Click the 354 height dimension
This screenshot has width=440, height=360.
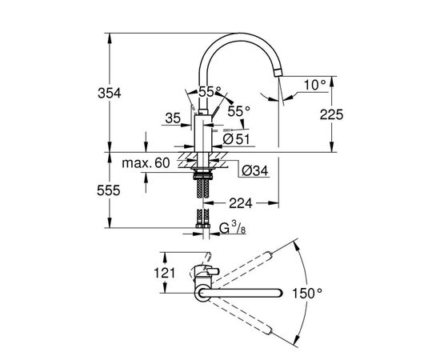[x=110, y=93]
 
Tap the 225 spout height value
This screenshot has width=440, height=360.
[x=331, y=114]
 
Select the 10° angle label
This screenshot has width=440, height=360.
[x=315, y=85]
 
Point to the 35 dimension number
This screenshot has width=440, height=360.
[x=173, y=118]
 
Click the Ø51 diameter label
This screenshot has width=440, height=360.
[x=236, y=139]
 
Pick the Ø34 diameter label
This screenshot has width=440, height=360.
[x=254, y=171]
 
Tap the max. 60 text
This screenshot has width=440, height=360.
[x=146, y=162]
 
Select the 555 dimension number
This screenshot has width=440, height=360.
[x=109, y=191]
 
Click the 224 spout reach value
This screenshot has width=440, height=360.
[x=241, y=203]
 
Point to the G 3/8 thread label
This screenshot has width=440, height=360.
[x=233, y=228]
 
